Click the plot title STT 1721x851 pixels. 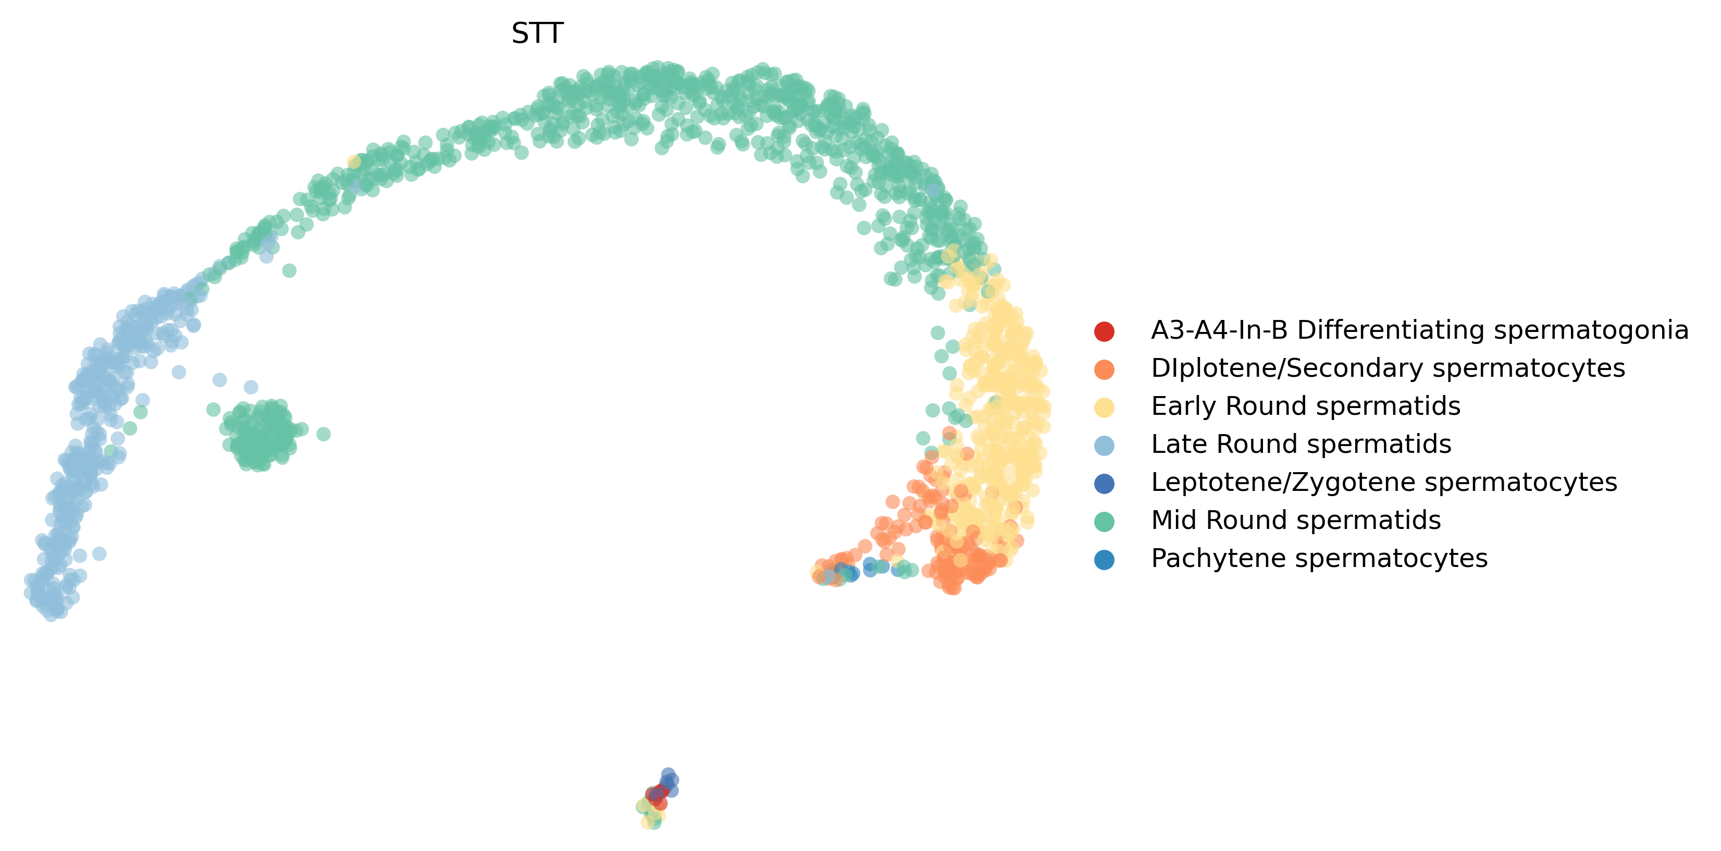[x=537, y=33]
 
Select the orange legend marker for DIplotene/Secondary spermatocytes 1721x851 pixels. [x=1105, y=369]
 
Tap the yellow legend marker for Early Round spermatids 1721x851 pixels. [x=1105, y=408]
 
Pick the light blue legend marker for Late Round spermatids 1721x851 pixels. [x=1105, y=446]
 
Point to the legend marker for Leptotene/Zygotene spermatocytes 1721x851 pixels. [x=1105, y=484]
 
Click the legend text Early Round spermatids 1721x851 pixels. [x=1305, y=406]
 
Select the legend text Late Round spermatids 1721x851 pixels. [x=1301, y=444]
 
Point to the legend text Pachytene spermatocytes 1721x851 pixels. [x=1319, y=559]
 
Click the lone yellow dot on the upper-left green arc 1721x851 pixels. [x=354, y=162]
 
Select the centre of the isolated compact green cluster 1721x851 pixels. [x=260, y=436]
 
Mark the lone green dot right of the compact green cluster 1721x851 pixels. [x=324, y=434]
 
